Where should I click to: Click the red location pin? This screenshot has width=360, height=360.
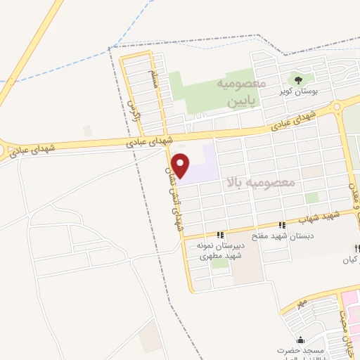(x=181, y=165)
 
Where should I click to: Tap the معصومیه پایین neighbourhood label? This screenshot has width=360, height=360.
(x=246, y=93)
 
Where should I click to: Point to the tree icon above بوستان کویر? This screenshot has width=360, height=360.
(x=299, y=80)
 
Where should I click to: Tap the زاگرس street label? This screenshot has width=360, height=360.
(x=135, y=112)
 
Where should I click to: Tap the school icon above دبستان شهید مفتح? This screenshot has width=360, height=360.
(x=282, y=225)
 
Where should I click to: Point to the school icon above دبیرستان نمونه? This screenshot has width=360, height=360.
(x=219, y=235)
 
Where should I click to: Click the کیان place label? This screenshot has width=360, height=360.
(x=349, y=260)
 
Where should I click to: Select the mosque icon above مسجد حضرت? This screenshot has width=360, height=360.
(x=289, y=338)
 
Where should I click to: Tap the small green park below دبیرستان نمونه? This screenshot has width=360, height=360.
(x=220, y=264)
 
